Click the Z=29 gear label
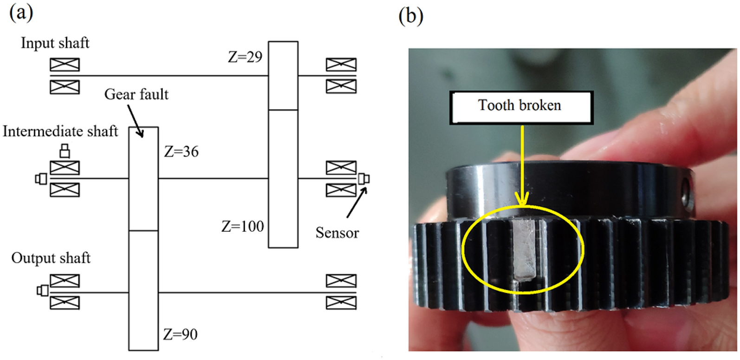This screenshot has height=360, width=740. [x=245, y=57]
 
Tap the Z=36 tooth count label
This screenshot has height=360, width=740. [x=181, y=152]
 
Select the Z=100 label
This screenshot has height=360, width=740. [x=242, y=227]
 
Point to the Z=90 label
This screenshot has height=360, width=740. [x=180, y=334]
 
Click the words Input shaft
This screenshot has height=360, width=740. [x=55, y=43]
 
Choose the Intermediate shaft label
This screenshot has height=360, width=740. [x=60, y=131]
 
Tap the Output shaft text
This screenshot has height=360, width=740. [x=51, y=258]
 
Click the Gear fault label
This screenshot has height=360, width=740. [x=136, y=94]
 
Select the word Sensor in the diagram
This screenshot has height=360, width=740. [x=337, y=233]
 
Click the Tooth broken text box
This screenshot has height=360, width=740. [x=520, y=106]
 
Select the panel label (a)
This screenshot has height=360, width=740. [x=21, y=13]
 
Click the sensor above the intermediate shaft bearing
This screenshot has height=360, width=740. [x=65, y=151]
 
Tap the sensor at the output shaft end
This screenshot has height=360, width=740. [x=43, y=291]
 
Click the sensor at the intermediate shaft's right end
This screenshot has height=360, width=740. [x=364, y=178]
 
